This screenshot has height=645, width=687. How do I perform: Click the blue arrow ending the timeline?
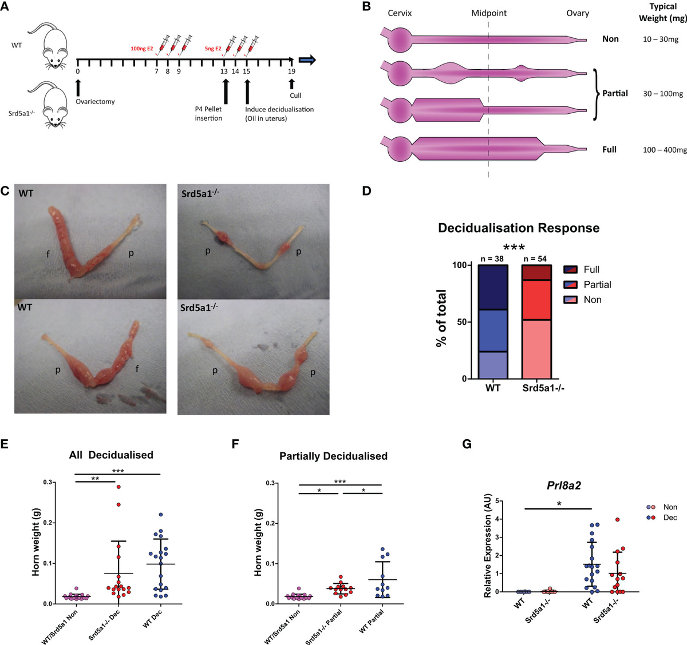pyautogui.click(x=307, y=60)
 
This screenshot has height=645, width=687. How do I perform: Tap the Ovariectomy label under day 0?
pyautogui.click(x=95, y=101)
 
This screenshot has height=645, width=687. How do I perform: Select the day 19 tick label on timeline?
pyautogui.click(x=291, y=71)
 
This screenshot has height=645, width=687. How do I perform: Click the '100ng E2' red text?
pyautogui.click(x=142, y=49)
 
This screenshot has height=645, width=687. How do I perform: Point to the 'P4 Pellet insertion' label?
pyautogui.click(x=208, y=113)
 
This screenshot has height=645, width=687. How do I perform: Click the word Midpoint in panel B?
pyautogui.click(x=488, y=13)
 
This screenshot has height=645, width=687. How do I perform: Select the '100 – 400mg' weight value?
pyautogui.click(x=665, y=150)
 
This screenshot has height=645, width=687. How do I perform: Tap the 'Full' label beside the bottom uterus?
pyautogui.click(x=609, y=149)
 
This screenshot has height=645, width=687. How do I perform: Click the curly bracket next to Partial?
pyautogui.click(x=595, y=94)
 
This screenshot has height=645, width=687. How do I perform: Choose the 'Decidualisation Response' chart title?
pyautogui.click(x=519, y=228)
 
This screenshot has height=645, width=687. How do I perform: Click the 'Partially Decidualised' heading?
pyautogui.click(x=333, y=456)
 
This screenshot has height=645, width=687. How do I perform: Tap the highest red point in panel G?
pyautogui.click(x=618, y=520)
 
